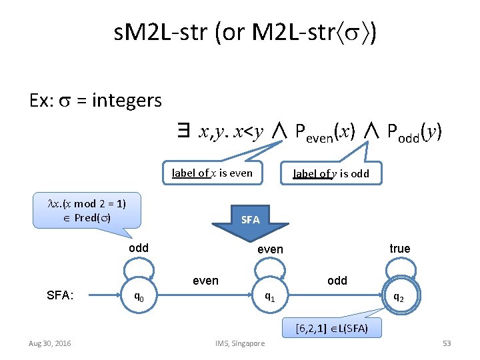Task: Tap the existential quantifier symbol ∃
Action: (181, 133)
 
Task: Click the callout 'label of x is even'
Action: (212, 173)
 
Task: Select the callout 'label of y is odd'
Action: (331, 174)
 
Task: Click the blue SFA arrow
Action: (250, 221)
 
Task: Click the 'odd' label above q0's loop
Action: (138, 248)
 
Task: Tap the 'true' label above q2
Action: (399, 249)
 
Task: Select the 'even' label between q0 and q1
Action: (205, 281)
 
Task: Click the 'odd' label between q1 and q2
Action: (337, 281)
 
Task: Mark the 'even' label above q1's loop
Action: (270, 249)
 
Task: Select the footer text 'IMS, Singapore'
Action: (239, 343)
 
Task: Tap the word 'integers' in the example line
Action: (127, 101)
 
